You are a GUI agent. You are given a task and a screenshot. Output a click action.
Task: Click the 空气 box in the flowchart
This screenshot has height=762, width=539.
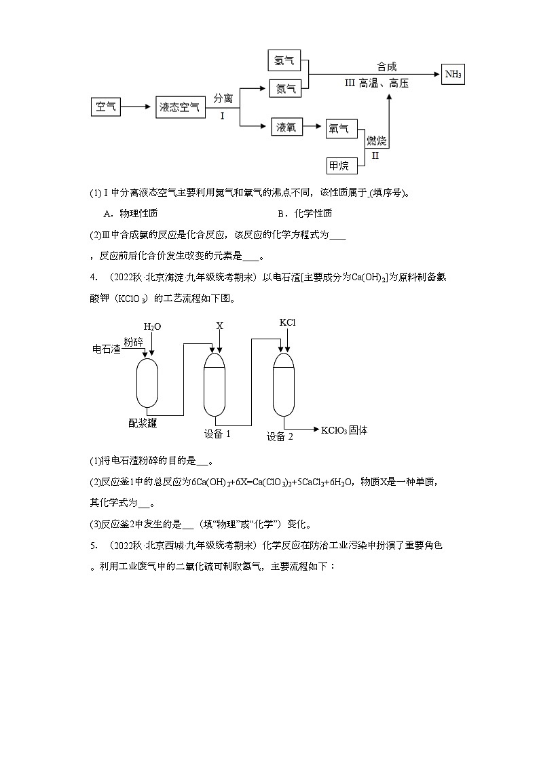(106, 107)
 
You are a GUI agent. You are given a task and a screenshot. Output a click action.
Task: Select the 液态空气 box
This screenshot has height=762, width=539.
(180, 107)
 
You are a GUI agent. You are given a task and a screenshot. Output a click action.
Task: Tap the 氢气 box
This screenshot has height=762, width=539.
(284, 60)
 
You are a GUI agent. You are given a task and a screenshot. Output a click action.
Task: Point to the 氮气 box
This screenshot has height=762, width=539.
(284, 88)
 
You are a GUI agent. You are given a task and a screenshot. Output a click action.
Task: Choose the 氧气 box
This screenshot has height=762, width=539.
(339, 128)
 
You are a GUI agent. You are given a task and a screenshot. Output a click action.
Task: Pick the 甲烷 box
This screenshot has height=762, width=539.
(339, 165)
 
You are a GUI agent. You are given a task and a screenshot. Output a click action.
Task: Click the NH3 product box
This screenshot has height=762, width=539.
(453, 75)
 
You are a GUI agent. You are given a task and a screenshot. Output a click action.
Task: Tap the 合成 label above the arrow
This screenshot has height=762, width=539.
(386, 66)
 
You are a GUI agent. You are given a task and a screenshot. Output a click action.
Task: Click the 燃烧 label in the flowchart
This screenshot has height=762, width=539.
(376, 141)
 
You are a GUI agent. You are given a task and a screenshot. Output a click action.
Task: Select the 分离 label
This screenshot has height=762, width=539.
(223, 98)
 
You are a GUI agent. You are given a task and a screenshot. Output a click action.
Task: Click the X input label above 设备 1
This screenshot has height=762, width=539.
(219, 326)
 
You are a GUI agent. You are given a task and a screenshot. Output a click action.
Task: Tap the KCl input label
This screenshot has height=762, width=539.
(288, 322)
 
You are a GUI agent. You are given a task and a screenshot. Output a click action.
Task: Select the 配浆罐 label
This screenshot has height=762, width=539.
(143, 423)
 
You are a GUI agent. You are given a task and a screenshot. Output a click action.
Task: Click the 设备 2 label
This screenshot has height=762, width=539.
(280, 436)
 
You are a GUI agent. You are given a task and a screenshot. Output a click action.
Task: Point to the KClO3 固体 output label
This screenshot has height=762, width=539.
(344, 430)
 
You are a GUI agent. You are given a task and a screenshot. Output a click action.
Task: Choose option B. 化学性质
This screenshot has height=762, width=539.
(305, 213)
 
